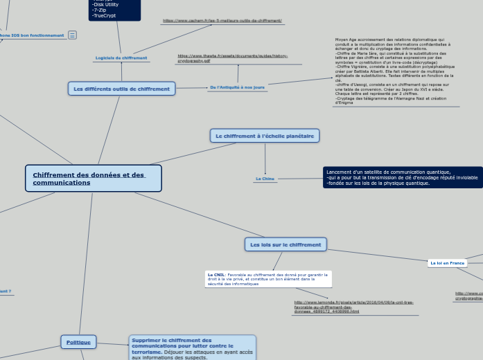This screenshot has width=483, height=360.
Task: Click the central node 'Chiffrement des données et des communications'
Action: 93,178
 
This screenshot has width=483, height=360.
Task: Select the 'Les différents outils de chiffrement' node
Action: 121,89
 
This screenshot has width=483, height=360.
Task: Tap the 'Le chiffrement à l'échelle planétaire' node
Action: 264,136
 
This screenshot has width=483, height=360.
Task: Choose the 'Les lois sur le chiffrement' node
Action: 285,244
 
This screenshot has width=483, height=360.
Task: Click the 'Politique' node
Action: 78,342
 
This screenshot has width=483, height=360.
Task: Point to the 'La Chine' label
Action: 265,179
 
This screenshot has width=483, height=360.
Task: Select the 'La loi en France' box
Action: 447,263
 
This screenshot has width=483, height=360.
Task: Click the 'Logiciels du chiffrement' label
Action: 121,58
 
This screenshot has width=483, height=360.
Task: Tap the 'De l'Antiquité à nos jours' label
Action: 236,87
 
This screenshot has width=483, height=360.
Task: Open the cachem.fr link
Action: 222,21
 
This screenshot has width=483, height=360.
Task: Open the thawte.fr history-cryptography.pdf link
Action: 232,58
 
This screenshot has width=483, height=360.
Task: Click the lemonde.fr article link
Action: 353,307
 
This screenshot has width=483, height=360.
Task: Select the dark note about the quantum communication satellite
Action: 402,177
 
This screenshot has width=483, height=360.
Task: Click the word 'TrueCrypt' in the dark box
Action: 104,15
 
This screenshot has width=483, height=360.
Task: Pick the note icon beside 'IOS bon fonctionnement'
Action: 72,35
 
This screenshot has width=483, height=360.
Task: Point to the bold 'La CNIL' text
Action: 216,275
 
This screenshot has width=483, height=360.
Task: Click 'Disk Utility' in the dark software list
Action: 105,4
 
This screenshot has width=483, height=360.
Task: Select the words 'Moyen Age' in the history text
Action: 344,40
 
